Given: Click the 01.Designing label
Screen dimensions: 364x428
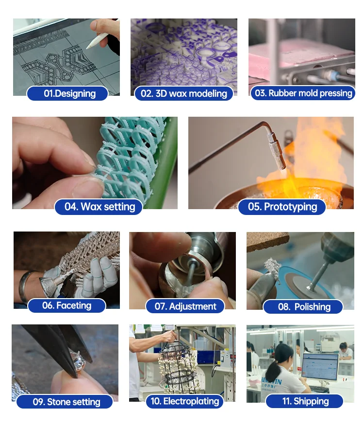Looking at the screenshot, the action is (x=67, y=93).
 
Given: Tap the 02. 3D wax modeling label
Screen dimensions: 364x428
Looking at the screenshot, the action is (x=184, y=93).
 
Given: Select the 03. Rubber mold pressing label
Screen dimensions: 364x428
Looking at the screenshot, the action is (x=303, y=93).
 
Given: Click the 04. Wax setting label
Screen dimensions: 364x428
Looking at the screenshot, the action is (x=99, y=207).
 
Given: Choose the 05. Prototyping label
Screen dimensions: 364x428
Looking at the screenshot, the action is (x=282, y=207).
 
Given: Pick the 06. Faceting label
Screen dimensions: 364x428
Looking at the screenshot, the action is (x=67, y=305).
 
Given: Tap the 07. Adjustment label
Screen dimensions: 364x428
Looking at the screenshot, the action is (x=185, y=306).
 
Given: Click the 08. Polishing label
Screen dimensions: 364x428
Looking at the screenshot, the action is (x=303, y=306).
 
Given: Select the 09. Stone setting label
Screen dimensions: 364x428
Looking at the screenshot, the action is (x=65, y=402).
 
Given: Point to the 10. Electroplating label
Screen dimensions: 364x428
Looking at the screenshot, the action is (x=185, y=401).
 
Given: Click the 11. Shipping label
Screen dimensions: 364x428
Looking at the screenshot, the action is (x=304, y=401).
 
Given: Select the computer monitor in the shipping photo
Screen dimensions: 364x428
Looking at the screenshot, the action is (x=320, y=367).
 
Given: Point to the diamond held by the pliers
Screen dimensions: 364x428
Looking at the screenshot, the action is (x=78, y=360).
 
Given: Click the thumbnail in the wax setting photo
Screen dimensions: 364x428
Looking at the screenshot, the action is (x=88, y=188).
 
